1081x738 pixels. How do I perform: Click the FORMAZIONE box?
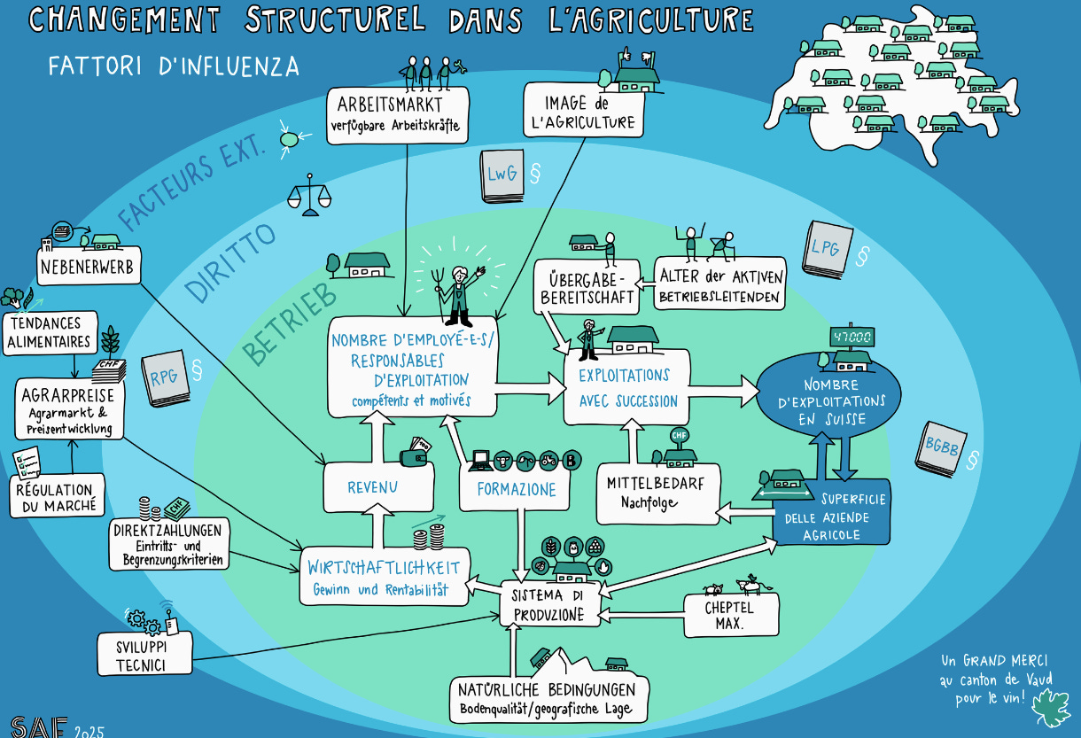(x=517, y=490)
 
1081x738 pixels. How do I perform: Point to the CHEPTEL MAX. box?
(x=732, y=615)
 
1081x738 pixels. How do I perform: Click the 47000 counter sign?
(x=851, y=338)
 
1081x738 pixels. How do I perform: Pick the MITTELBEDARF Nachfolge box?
(x=657, y=492)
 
